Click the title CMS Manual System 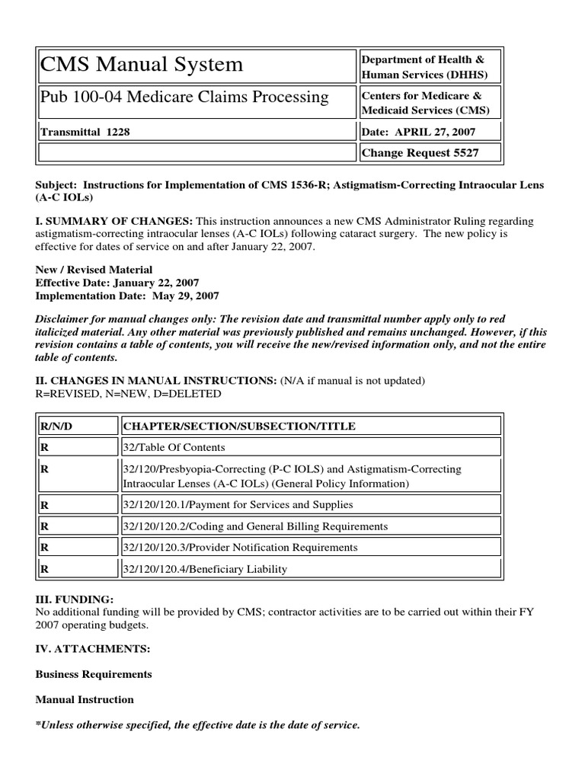coord(142,65)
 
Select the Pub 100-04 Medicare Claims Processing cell coord(184,97)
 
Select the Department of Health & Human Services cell coord(430,67)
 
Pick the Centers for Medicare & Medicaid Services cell coord(430,103)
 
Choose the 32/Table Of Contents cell coord(174,448)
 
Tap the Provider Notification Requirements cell coord(239,548)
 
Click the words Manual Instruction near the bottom coord(85,699)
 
